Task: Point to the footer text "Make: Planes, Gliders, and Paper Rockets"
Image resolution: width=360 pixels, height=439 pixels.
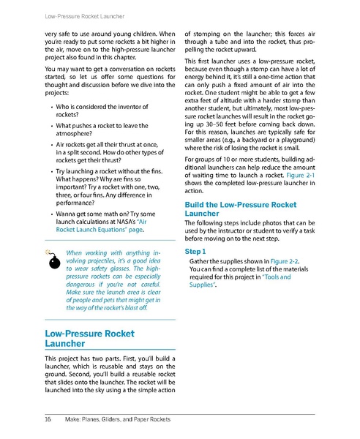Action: (117, 419)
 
